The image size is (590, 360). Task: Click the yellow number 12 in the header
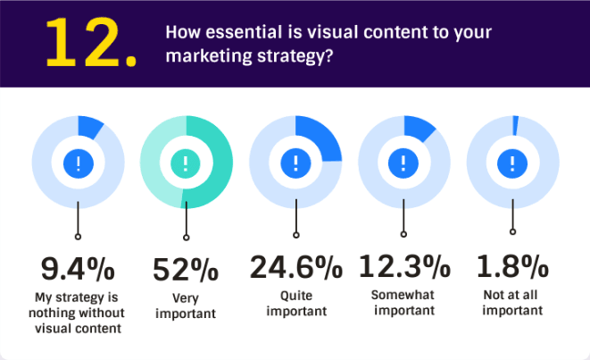(x=83, y=43)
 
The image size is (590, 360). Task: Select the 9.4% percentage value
(x=78, y=269)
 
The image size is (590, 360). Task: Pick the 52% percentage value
(x=186, y=269)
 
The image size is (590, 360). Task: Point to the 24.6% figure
(x=296, y=266)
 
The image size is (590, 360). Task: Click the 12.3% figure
(x=404, y=266)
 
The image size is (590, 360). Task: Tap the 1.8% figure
(x=512, y=266)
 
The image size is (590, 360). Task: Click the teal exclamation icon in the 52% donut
(x=186, y=163)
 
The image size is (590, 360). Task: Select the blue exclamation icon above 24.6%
(x=295, y=163)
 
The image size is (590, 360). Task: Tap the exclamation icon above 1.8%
(x=512, y=163)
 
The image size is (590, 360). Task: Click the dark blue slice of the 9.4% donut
(x=89, y=127)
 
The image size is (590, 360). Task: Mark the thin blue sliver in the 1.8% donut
(x=516, y=125)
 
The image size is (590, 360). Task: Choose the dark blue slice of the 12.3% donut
(x=418, y=128)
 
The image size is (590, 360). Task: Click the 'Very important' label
(x=186, y=306)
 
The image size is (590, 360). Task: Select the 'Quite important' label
(x=296, y=303)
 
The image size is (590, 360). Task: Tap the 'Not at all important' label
(x=512, y=303)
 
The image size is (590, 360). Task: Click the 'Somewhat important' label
(x=403, y=303)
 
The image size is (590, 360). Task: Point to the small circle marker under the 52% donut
(x=187, y=238)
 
